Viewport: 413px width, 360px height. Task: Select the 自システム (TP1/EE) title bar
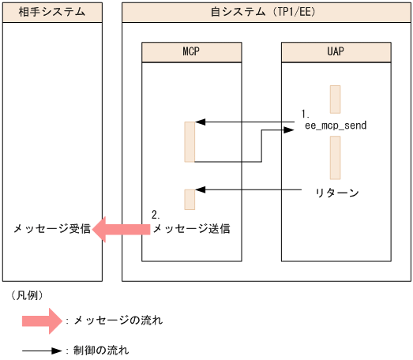coord(266,12)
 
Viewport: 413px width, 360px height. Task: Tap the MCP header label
coord(191,51)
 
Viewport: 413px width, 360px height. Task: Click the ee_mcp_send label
coord(336,125)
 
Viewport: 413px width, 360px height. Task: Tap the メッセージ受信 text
coord(46,229)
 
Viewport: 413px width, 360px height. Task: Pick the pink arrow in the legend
coord(41,321)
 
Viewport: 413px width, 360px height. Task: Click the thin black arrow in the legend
coord(41,349)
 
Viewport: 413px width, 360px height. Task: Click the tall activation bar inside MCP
coord(189,141)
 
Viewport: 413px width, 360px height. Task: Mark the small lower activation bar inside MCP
coord(189,199)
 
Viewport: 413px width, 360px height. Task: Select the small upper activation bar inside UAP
coord(335,99)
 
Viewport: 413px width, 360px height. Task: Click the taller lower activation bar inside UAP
coord(335,157)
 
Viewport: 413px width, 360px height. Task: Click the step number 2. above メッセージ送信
coord(156,215)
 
